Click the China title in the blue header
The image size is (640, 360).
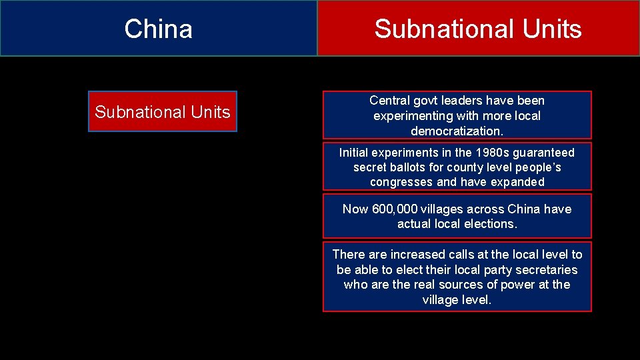click(158, 29)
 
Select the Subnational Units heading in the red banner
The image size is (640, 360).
click(477, 29)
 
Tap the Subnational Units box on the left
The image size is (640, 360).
click(162, 112)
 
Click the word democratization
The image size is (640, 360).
click(457, 131)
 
